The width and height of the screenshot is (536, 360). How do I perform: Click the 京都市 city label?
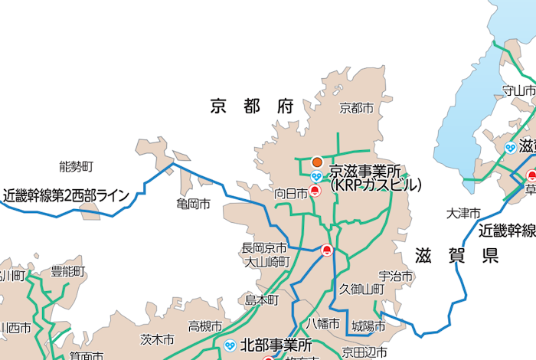(x=357, y=109)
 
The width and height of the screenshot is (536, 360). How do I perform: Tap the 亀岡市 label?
(x=193, y=205)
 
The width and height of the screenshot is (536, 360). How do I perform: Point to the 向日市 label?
(x=291, y=195)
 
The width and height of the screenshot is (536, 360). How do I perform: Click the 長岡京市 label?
(x=264, y=248)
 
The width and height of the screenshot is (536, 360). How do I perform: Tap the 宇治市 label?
(x=396, y=276)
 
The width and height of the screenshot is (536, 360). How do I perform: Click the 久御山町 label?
(x=361, y=290)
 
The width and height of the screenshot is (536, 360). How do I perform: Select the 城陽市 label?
(x=368, y=326)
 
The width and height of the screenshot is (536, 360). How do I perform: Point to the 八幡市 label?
(x=323, y=323)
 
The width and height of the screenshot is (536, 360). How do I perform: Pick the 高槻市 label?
(x=205, y=326)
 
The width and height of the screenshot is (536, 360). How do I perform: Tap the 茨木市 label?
(x=158, y=339)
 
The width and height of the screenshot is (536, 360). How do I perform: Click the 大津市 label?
(x=464, y=212)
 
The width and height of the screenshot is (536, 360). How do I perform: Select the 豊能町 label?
(x=68, y=272)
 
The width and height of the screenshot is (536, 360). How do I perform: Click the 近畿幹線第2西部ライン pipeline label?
(x=67, y=195)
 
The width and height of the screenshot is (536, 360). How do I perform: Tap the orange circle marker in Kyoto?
(x=317, y=162)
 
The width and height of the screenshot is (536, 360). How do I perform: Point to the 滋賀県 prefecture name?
(x=457, y=255)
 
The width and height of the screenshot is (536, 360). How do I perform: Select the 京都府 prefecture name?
(x=252, y=106)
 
